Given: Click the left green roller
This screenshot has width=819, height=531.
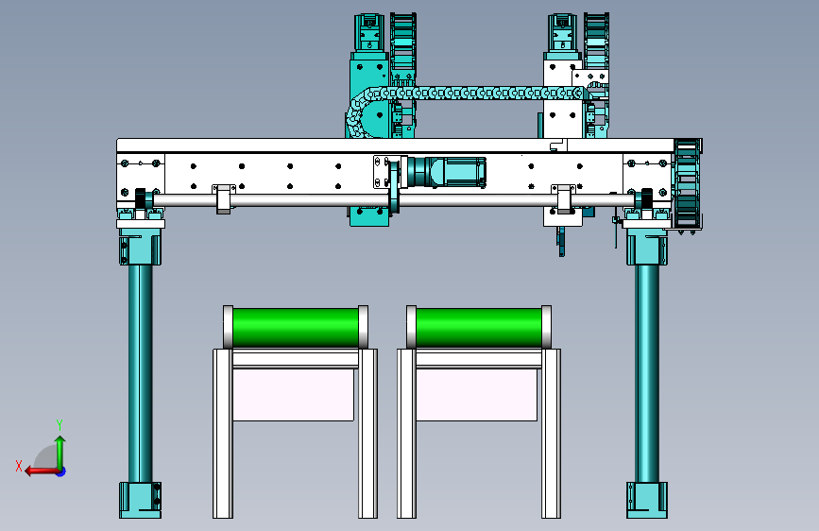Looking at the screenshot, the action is [x=296, y=327].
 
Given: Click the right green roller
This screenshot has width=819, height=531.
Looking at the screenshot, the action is [x=478, y=327].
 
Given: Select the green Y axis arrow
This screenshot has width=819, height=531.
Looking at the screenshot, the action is [x=60, y=453].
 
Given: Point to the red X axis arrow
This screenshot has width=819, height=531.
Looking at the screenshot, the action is [x=43, y=471].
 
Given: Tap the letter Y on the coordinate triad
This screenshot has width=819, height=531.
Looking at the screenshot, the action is [x=60, y=424].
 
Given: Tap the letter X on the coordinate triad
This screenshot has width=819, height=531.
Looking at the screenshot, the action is [x=19, y=466].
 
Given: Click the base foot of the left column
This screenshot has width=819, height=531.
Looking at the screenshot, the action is [x=140, y=500].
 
